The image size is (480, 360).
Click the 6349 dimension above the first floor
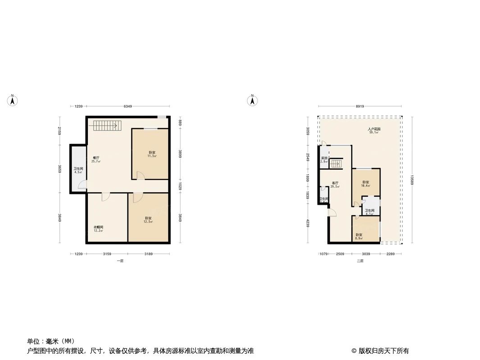[x=128, y=107]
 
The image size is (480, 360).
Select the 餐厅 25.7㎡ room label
[x=96, y=159]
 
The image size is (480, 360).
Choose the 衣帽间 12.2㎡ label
[x=98, y=229]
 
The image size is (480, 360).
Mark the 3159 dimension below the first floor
[x=107, y=254]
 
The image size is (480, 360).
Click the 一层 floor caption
[x=119, y=261]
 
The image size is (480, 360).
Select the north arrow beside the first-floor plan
[x=13, y=101]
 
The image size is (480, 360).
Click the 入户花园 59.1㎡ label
[x=374, y=131]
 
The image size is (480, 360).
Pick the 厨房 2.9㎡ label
[x=324, y=159]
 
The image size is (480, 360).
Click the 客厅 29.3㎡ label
[x=335, y=184]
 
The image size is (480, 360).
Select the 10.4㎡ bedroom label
[x=365, y=184]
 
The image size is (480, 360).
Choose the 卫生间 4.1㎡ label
[x=369, y=212]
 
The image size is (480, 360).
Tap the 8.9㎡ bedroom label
[x=359, y=236]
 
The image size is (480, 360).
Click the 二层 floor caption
[x=360, y=261]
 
